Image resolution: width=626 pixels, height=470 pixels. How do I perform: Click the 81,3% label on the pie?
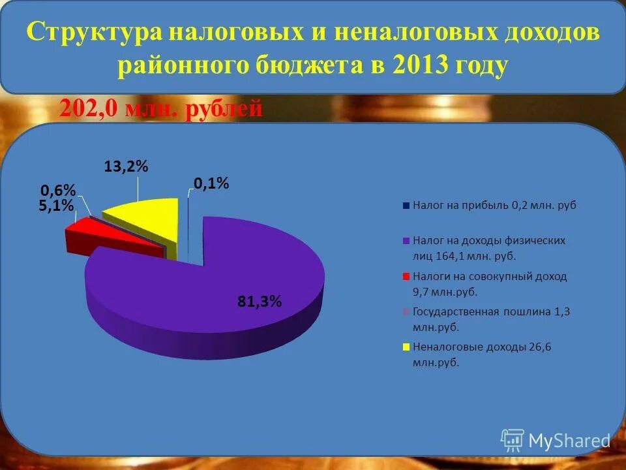pyautogui.click(x=259, y=301)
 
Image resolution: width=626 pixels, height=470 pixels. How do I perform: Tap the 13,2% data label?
pyautogui.click(x=127, y=167)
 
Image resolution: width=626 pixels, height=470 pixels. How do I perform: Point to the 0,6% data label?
pyautogui.click(x=58, y=191)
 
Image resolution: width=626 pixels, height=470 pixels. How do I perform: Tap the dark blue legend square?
pyautogui.click(x=406, y=206)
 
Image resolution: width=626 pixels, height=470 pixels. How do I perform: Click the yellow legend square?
pyautogui.click(x=406, y=347)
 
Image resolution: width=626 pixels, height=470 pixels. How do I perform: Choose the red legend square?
pyautogui.click(x=406, y=276)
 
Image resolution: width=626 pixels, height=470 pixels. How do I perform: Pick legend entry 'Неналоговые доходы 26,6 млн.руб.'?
pyautogui.click(x=482, y=354)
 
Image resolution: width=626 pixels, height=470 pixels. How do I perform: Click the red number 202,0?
pyautogui.click(x=89, y=108)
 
